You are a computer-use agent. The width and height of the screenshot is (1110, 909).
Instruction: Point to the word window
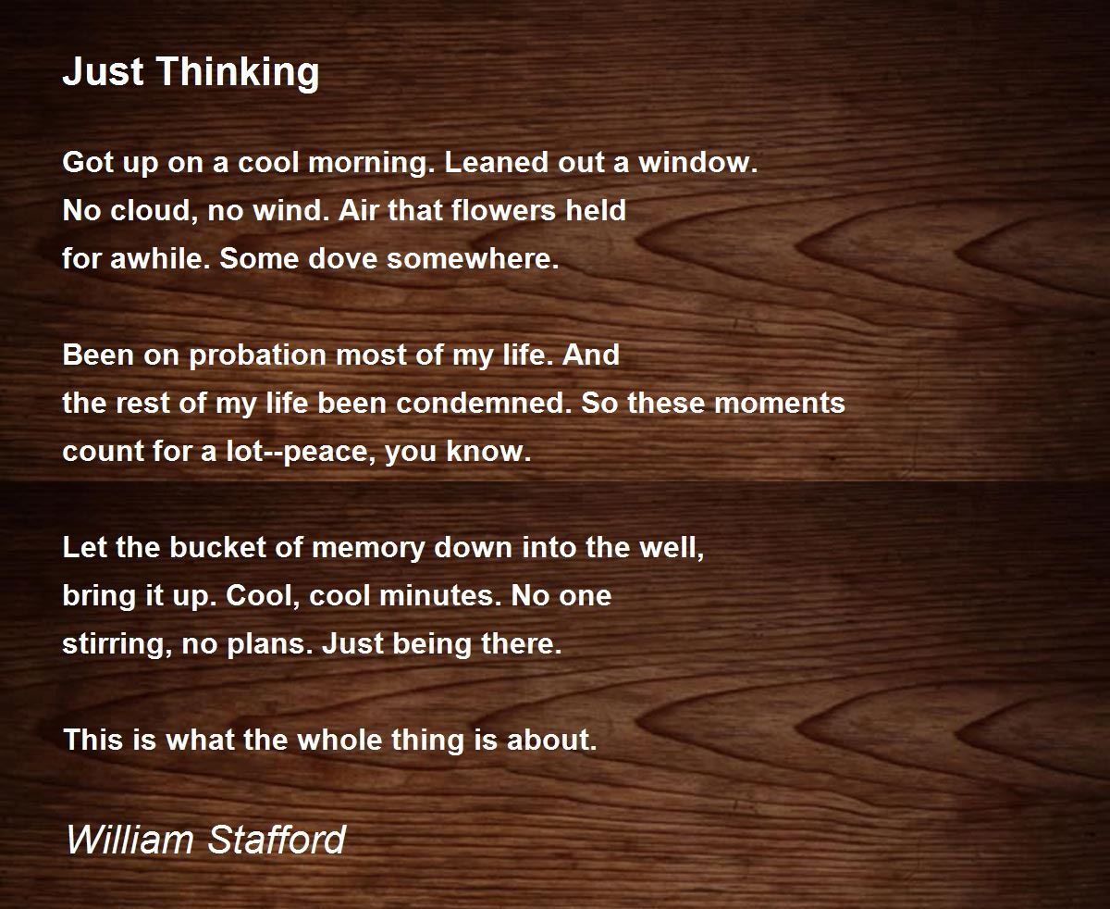click(697, 162)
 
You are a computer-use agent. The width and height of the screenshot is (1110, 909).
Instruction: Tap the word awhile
click(156, 258)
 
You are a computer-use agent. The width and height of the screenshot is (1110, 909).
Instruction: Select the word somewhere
click(473, 259)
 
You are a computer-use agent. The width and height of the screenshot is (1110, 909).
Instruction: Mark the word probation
click(257, 356)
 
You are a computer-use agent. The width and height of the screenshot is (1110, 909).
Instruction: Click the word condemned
click(484, 404)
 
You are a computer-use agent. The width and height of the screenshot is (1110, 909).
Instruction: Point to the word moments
click(780, 405)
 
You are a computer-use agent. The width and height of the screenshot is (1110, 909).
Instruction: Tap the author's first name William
click(130, 839)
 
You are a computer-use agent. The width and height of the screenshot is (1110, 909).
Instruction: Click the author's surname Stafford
click(277, 839)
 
